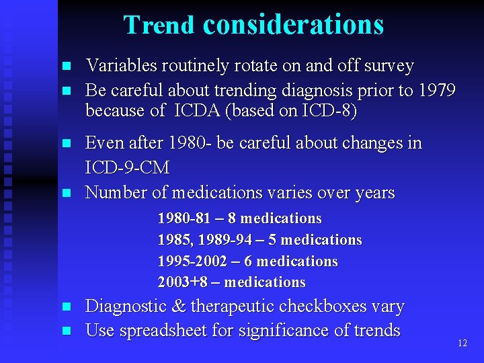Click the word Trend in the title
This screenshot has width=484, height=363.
tap(159, 25)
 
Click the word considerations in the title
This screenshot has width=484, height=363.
tap(293, 25)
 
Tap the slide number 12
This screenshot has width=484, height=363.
tap(462, 344)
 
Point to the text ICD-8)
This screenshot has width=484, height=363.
tap(332, 110)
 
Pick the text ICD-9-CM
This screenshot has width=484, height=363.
tap(128, 167)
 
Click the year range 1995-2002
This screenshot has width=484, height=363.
tap(191, 261)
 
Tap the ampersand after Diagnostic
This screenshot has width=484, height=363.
tap(179, 307)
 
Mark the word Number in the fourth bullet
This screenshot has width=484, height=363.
tap(113, 193)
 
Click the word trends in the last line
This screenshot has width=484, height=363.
tap(375, 331)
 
